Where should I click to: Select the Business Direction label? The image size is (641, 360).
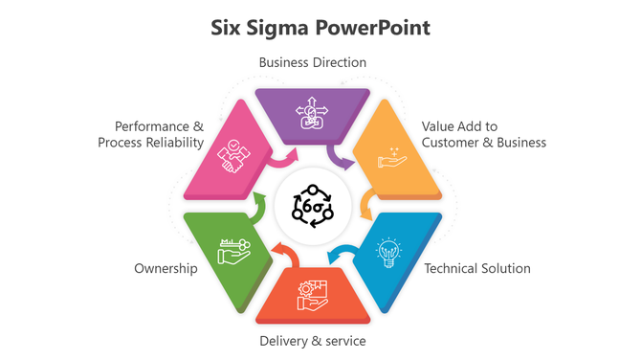[x=313, y=62]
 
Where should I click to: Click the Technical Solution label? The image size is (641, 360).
[x=476, y=268]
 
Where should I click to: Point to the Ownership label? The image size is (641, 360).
[x=166, y=269]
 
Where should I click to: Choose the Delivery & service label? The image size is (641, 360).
[x=313, y=340]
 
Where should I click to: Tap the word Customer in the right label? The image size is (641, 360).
[x=458, y=143]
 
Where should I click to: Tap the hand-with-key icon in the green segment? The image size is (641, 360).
[x=233, y=251]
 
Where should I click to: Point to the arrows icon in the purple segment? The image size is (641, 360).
[x=313, y=115]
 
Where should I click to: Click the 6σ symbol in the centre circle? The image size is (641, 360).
[x=313, y=206]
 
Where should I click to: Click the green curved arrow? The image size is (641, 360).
[x=258, y=204]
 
